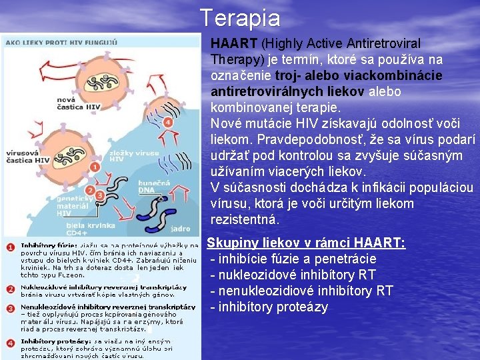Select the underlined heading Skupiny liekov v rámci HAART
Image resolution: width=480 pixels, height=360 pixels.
(x=306, y=243)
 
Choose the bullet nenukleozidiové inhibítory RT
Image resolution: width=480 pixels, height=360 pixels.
(x=301, y=291)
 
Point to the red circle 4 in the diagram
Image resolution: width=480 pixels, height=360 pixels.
(x=168, y=123)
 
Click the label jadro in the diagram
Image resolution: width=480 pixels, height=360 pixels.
(x=180, y=229)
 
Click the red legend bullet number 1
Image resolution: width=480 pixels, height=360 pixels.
(x=10, y=247)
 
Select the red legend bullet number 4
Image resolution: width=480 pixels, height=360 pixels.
(x=10, y=344)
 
